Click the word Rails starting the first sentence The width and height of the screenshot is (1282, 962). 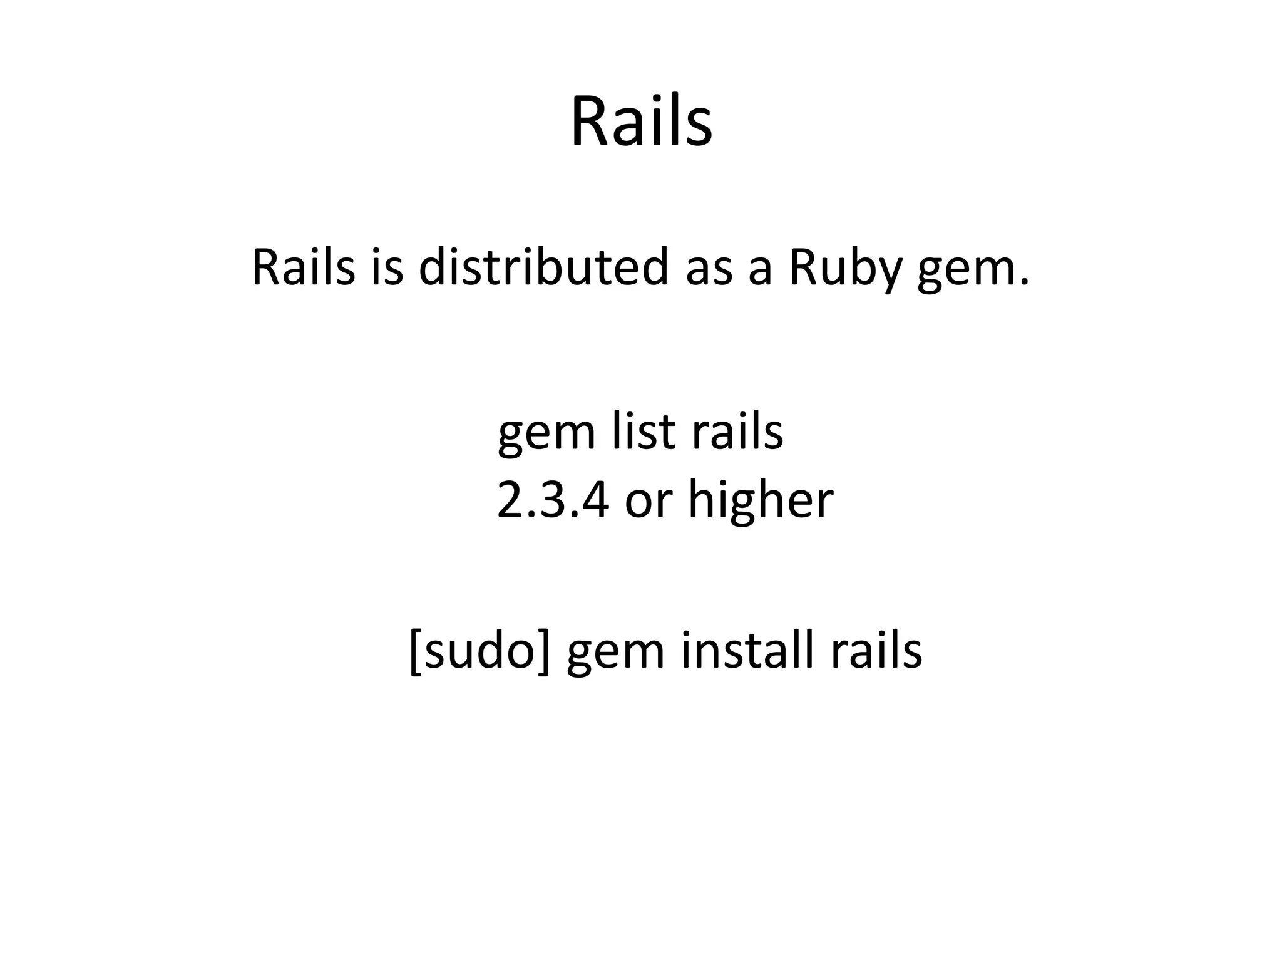[303, 268]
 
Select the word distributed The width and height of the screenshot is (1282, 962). [543, 268]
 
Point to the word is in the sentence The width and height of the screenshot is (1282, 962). [387, 268]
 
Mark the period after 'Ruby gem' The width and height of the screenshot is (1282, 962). [1023, 283]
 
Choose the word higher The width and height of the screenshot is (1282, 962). [761, 502]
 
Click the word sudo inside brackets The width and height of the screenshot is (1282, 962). [480, 651]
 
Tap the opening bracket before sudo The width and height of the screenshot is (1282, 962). [414, 652]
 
